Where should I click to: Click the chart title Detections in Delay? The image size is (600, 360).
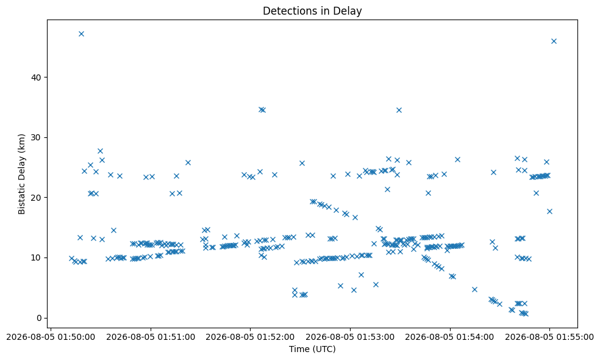click(312, 11)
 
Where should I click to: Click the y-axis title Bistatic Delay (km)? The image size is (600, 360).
click(21, 174)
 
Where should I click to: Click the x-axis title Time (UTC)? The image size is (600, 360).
click(312, 349)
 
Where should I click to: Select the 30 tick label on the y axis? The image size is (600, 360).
click(37, 137)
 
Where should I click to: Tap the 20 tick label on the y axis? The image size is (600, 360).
click(37, 198)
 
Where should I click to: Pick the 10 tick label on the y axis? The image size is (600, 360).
click(37, 257)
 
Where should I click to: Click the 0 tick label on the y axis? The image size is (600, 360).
click(40, 318)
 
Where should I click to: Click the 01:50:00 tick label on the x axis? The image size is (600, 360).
click(51, 337)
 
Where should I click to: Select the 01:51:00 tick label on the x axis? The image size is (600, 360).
click(151, 337)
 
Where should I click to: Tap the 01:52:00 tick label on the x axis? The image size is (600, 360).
click(250, 337)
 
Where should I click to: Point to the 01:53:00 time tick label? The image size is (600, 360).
click(350, 337)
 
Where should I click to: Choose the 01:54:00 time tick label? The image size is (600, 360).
click(449, 337)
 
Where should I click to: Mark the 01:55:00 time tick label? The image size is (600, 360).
click(549, 337)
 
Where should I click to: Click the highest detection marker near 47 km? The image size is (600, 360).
click(81, 34)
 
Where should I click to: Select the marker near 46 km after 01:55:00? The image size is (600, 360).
click(554, 41)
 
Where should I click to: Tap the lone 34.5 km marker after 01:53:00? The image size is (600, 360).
click(399, 110)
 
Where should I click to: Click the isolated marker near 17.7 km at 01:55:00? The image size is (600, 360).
click(549, 211)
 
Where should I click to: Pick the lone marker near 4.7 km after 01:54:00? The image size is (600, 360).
click(474, 289)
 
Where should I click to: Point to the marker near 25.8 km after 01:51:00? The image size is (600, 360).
click(188, 162)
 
